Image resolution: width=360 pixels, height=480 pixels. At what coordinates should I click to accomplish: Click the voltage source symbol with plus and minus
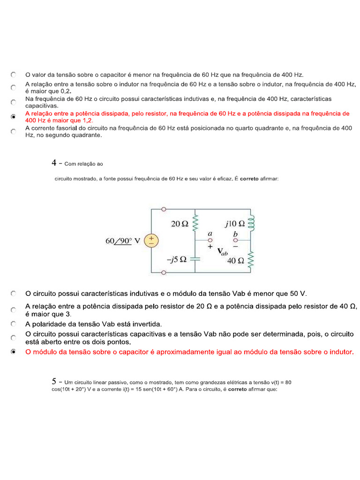coord(151,241)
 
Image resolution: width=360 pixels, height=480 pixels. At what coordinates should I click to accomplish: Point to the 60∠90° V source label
coord(123,241)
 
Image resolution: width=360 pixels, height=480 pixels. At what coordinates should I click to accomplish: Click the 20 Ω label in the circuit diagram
coord(180,224)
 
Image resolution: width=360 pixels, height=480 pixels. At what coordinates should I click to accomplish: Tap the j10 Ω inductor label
coord(234,224)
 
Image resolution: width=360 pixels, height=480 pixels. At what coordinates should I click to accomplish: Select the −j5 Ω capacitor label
coord(177,259)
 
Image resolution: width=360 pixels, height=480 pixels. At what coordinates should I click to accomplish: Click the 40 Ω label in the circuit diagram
coord(235,261)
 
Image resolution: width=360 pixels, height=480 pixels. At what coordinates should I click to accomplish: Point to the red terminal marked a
coord(210,240)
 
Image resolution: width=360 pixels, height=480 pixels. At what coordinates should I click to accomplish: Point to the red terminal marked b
coord(235,240)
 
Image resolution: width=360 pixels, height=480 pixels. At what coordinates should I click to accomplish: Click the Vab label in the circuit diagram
coord(222,251)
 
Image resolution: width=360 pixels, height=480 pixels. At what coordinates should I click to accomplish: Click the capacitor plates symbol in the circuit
coord(195,257)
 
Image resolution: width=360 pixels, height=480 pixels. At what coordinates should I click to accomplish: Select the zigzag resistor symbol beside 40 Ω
coord(251,261)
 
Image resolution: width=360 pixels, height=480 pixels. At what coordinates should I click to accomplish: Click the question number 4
coord(54,163)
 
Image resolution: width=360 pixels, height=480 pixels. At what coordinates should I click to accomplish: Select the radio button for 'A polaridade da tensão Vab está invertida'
coord(14,324)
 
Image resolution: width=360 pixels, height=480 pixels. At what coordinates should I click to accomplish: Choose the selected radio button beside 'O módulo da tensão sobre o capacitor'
coord(14,352)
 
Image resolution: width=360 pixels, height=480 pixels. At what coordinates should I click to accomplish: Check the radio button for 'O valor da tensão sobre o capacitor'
coord(14,75)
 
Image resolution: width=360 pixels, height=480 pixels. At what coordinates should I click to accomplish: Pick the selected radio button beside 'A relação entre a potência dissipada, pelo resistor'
coord(14,117)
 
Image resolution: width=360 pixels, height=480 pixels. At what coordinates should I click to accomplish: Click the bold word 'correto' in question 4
coord(249,179)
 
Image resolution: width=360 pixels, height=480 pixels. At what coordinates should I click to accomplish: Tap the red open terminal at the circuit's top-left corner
coord(164,210)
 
